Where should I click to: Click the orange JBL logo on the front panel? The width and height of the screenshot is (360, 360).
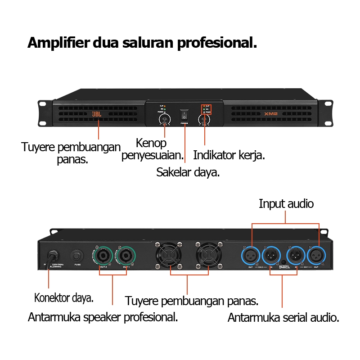pos(97,114)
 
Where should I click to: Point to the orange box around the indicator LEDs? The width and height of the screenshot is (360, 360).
pos(206,109)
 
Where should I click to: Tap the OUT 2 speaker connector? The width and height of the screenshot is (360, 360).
pos(103,255)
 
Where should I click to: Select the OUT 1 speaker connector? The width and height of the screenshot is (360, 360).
pos(126,255)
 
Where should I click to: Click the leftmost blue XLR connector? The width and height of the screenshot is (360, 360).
pos(251,256)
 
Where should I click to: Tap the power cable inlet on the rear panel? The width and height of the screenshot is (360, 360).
pos(49,255)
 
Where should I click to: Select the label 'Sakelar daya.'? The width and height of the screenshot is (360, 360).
pos(188,172)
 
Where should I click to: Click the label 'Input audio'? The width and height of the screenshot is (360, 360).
pos(286,204)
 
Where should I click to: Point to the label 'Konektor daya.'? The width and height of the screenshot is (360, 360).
pos(64,297)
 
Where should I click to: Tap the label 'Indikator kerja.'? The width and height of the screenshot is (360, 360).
pos(229,155)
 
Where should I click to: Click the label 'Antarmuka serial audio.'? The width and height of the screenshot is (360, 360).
pos(283,318)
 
